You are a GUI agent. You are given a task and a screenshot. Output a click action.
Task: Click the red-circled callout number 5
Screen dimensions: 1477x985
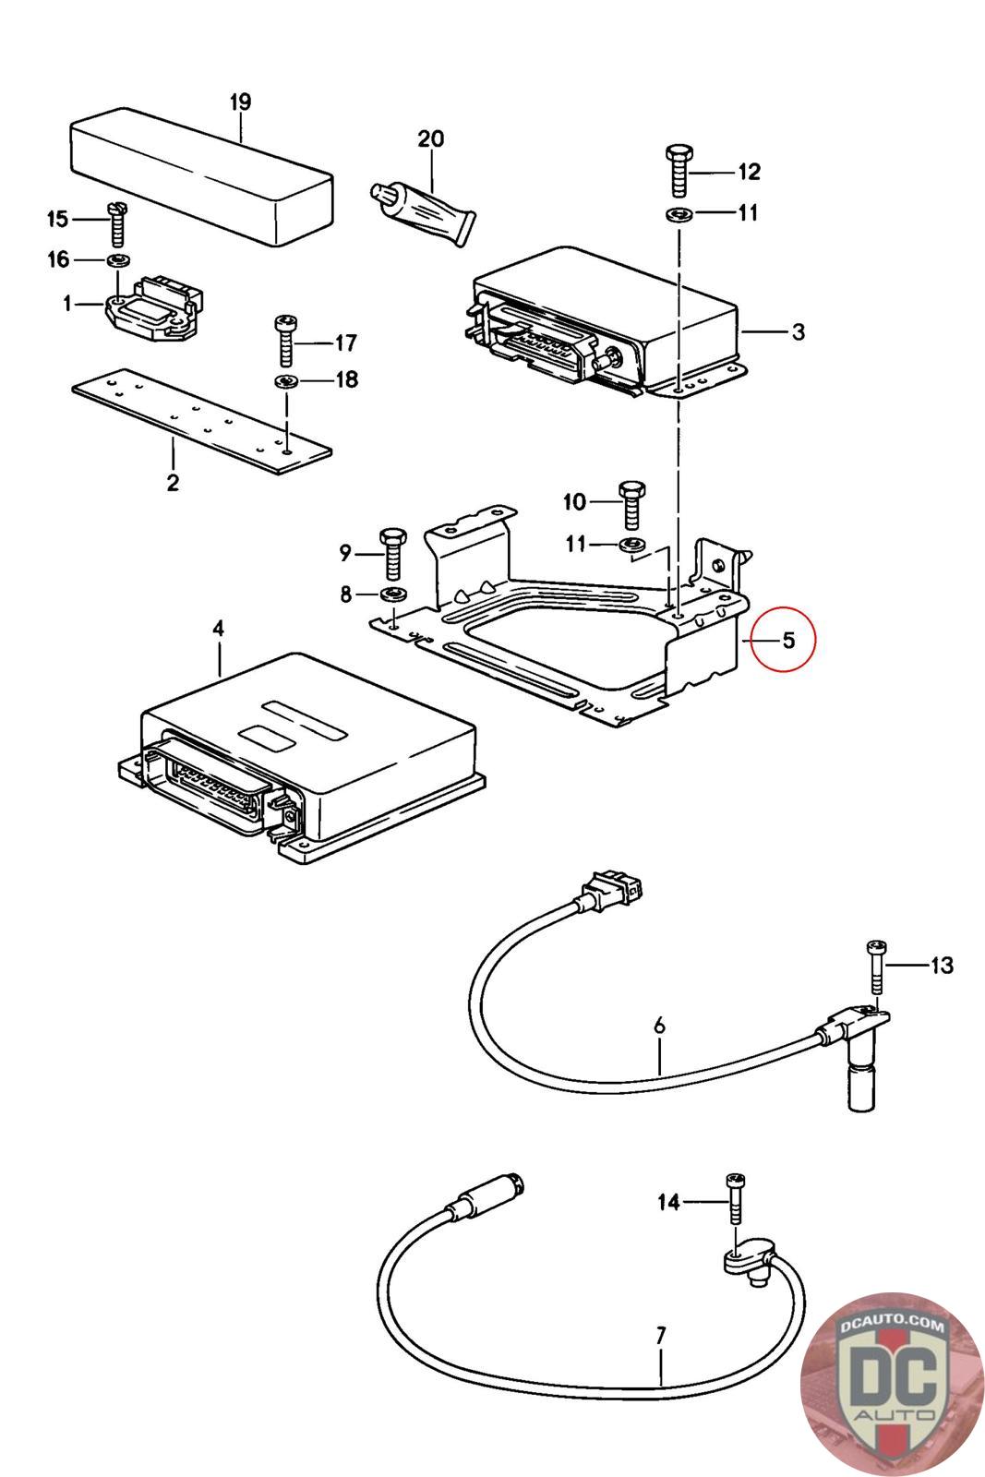787,640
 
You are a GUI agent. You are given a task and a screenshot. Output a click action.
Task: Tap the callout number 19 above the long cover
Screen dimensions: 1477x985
240,102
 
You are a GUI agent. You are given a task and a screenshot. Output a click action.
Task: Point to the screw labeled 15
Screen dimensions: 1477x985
116,221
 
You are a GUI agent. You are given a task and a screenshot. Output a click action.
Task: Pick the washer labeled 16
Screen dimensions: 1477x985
117,259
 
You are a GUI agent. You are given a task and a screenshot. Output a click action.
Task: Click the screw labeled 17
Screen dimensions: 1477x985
285,342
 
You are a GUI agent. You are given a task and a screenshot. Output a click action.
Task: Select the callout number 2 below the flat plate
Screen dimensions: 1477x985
173,482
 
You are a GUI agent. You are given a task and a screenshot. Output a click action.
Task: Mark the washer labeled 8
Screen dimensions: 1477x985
393,593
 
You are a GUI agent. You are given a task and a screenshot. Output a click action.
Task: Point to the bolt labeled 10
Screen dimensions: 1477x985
633,502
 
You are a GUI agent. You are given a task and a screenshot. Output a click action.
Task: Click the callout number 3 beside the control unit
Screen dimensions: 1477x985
799,331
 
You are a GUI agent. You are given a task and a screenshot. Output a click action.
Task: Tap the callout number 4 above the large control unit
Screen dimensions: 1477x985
218,629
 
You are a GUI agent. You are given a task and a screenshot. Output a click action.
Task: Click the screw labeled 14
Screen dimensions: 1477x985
736,1199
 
